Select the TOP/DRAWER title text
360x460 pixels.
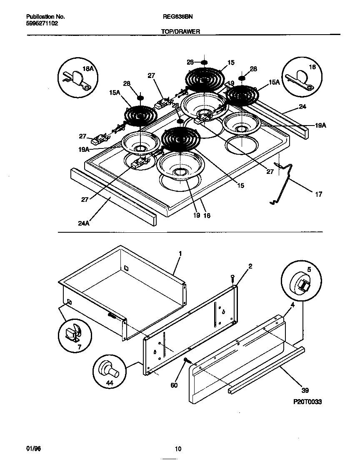pos(180,31)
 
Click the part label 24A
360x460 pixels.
pos(84,223)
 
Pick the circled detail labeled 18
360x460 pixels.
pos(302,75)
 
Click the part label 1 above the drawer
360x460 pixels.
pos(180,253)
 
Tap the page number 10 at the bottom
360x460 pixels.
pos(178,449)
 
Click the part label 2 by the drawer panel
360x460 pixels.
pos(250,266)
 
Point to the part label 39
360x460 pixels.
pos(305,390)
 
